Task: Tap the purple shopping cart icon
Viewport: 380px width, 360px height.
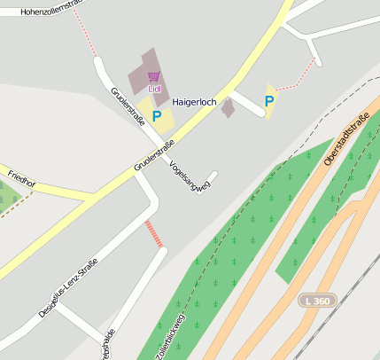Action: [x=154, y=76]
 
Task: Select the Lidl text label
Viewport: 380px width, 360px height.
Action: [x=154, y=89]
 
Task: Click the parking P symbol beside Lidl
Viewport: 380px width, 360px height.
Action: [x=157, y=115]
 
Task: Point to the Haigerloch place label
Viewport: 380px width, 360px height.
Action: [x=194, y=102]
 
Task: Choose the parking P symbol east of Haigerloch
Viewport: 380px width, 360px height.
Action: [x=269, y=101]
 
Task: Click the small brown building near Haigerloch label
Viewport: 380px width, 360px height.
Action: [x=228, y=108]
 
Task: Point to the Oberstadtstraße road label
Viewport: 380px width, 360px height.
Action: [x=345, y=144]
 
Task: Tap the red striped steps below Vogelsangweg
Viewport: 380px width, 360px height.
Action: [x=155, y=234]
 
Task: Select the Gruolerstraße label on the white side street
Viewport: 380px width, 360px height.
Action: [x=128, y=106]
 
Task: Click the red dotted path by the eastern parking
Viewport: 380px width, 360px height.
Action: [x=297, y=78]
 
